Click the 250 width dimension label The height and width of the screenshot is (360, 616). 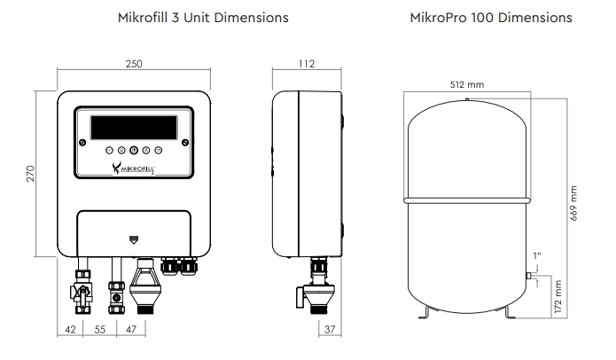tap(134, 64)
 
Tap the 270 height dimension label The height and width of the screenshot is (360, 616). tap(31, 174)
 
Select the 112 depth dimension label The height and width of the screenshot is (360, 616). tap(307, 64)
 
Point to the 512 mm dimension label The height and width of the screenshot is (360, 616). tap(467, 84)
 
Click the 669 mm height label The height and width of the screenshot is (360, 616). tap(573, 203)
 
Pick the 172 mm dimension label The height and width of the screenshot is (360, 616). tap(558, 296)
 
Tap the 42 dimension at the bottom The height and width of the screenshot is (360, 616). tap(70, 329)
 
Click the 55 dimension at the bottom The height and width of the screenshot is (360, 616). tap(100, 329)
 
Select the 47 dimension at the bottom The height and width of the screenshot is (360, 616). tap(131, 329)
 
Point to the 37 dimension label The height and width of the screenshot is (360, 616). tap(330, 329)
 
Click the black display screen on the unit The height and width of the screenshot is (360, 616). tap(134, 128)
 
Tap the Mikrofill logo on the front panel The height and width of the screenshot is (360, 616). tap(134, 168)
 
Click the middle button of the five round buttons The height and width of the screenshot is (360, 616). tap(134, 150)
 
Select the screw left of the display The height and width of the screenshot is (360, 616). tap(82, 142)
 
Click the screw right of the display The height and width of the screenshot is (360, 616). tap(185, 142)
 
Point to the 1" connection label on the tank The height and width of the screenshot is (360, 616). tap(537, 256)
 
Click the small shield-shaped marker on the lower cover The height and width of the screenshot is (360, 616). tap(134, 239)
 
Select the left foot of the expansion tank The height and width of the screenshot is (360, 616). tap(425, 312)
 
